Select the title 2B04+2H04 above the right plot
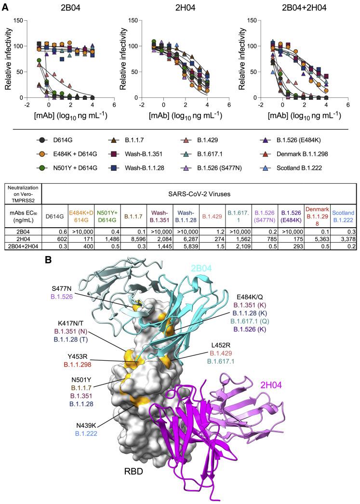click(x=299, y=7)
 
